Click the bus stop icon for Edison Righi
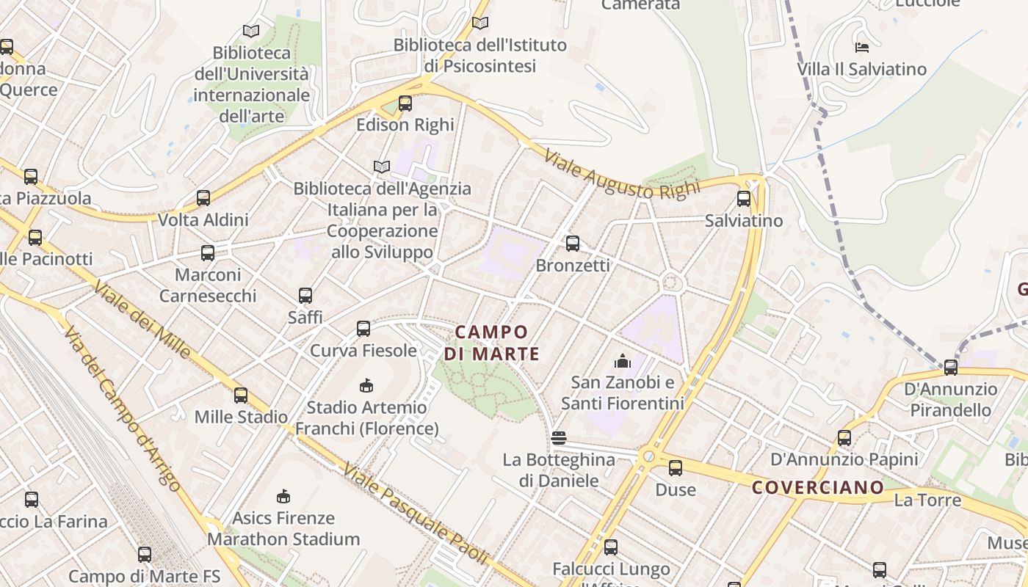coord(405,103)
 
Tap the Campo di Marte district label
coord(491,343)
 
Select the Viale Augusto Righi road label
coord(622,174)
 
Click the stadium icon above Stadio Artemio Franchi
coord(366,385)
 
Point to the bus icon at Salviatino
coord(744,199)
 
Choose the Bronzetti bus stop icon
coord(573,244)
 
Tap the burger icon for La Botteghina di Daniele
coord(559,439)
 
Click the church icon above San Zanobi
coord(623,361)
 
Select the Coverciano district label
coord(818,487)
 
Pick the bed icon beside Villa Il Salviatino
coord(862,48)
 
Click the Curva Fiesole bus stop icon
coord(363,329)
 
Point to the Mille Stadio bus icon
coord(241,395)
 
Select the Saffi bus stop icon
coord(305,296)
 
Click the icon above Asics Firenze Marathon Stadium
coord(283,497)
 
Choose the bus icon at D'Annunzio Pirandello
coord(951,367)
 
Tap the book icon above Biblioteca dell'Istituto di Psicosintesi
coord(480,23)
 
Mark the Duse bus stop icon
coord(676,468)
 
